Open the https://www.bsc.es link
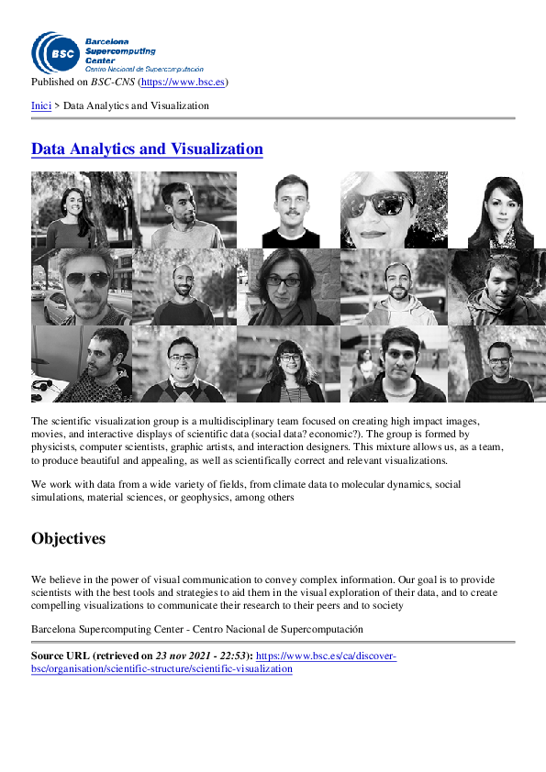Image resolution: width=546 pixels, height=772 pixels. [x=183, y=83]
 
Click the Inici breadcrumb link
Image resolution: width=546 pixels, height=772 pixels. [x=41, y=105]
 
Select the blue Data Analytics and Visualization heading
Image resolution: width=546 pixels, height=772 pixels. [x=147, y=149]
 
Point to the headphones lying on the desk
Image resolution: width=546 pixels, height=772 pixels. [x=42, y=387]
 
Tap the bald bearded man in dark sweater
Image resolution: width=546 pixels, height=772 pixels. [x=183, y=289]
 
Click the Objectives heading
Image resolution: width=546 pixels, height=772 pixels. [x=68, y=538]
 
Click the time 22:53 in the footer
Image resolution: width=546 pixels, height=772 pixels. [x=234, y=656]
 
